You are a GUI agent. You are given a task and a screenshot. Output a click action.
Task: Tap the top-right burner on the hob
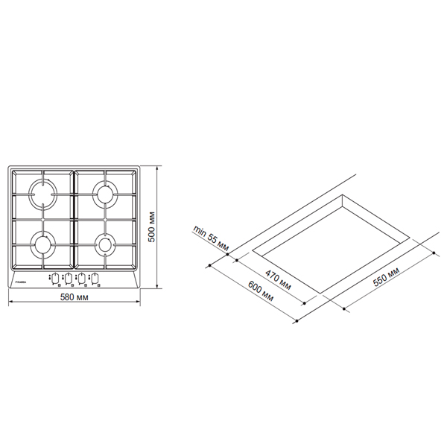coord(104,195)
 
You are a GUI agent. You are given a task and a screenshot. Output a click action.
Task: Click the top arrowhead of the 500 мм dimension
coord(157,166)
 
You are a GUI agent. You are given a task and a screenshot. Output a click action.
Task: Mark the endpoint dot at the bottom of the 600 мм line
coord(296,321)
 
